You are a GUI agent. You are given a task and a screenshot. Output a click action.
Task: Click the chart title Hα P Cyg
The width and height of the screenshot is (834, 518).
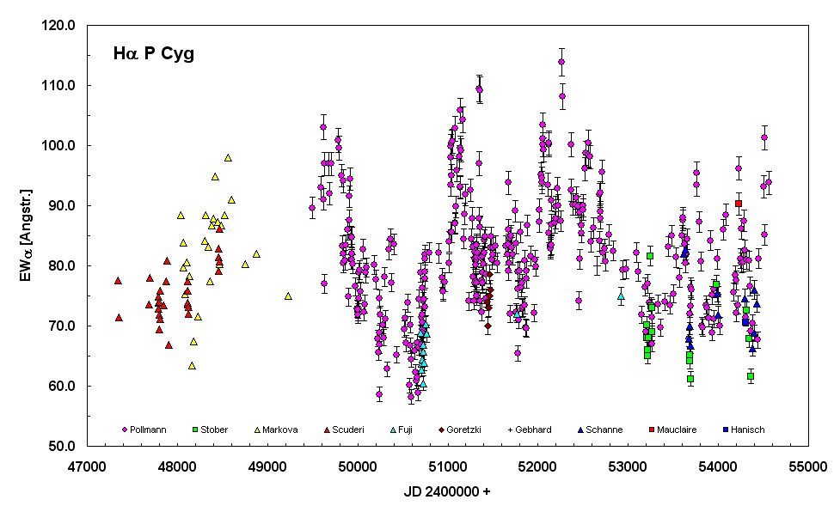tap(153, 55)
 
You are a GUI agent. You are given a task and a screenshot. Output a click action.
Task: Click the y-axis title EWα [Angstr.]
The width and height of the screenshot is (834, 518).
tap(29, 235)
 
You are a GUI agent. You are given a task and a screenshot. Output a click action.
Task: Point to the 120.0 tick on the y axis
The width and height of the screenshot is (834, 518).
tap(64, 26)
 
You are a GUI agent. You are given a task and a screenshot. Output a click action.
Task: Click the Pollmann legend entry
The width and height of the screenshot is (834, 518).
tap(151, 429)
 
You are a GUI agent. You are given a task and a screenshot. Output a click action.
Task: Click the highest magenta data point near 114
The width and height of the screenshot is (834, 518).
tap(561, 62)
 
